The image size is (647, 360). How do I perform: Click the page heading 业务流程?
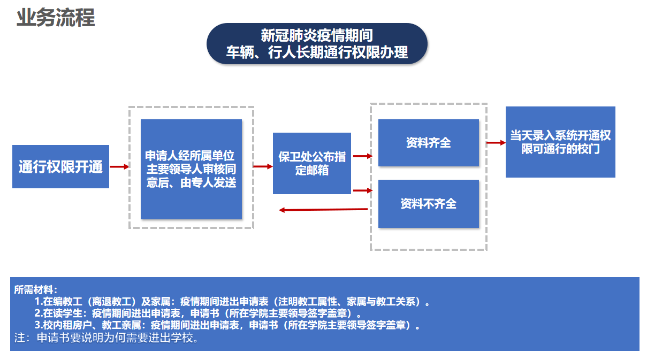[56, 18]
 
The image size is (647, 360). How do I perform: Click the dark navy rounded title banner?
[317, 43]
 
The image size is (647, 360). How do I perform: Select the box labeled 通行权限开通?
[60, 166]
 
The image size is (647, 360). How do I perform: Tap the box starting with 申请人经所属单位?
[191, 169]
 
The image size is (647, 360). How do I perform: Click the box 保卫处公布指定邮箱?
[312, 163]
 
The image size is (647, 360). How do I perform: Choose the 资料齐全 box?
[429, 143]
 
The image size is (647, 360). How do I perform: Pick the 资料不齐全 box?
[429, 204]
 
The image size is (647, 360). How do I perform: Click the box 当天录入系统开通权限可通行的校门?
[560, 142]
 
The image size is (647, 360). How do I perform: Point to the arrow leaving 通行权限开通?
[119, 166]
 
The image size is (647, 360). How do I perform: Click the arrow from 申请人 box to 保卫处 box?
[263, 166]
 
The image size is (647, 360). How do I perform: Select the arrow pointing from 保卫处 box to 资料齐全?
[363, 156]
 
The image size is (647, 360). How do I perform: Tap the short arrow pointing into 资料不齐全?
[363, 190]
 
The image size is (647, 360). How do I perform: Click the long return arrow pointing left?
[323, 210]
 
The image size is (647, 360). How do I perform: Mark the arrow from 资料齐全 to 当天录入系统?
[496, 143]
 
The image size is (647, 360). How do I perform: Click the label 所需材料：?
[36, 290]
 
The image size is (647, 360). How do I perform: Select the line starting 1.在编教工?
[232, 302]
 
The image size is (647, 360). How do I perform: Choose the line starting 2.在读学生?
[198, 313]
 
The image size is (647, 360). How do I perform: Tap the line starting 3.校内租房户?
[227, 325]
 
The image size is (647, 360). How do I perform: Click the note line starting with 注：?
[106, 338]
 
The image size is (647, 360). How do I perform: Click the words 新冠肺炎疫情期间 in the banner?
[317, 35]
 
